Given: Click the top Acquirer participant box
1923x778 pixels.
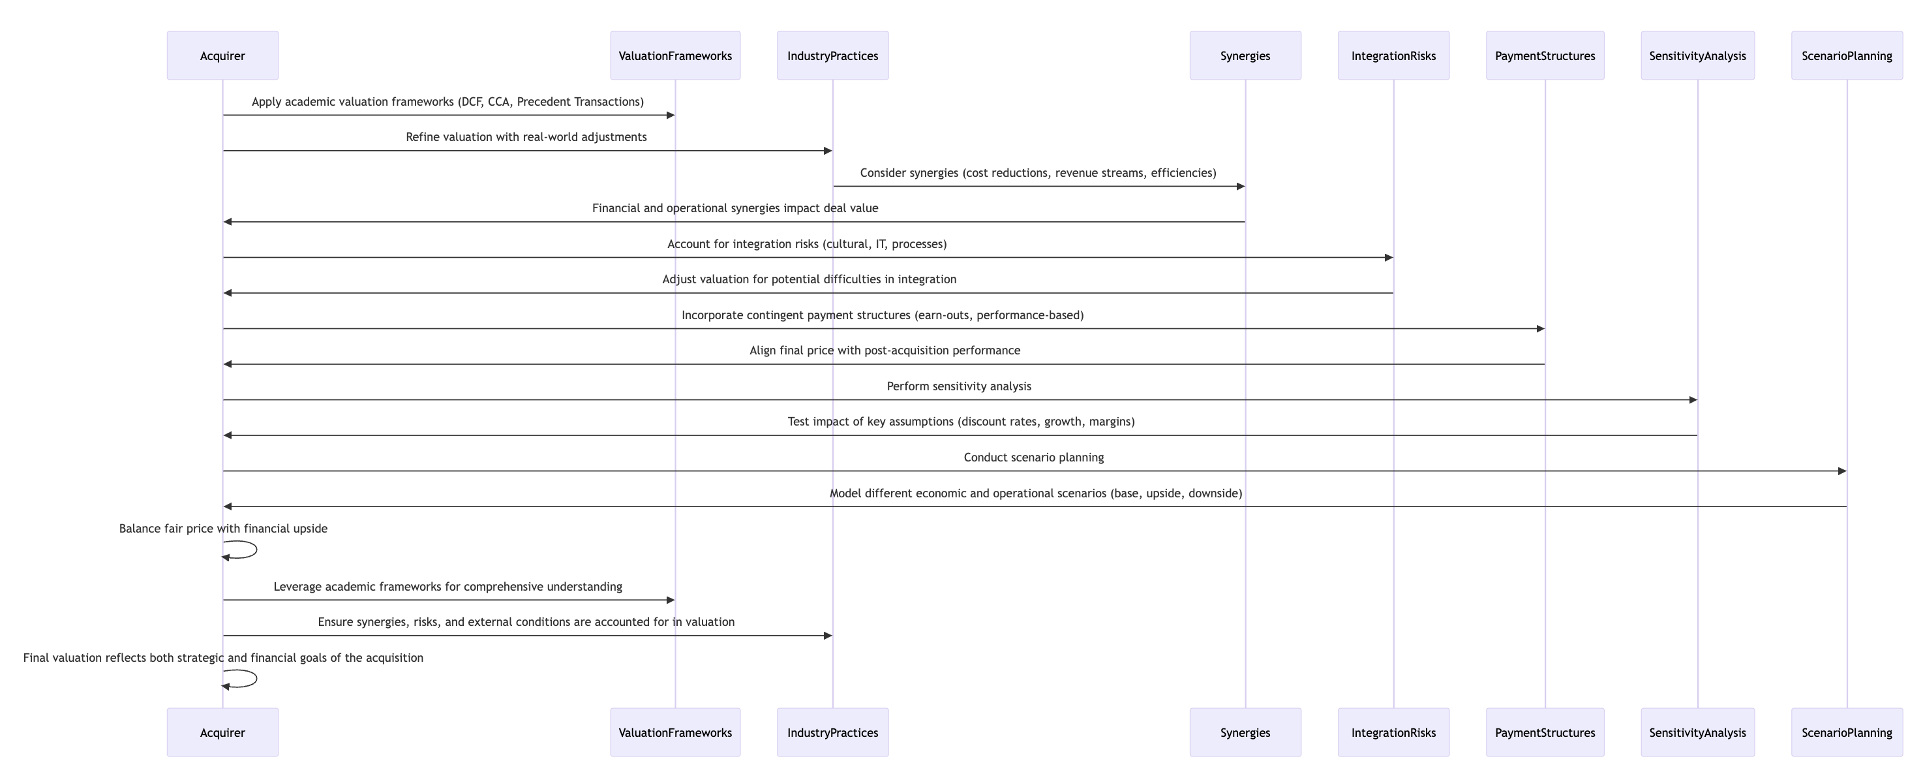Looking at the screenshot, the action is (222, 55).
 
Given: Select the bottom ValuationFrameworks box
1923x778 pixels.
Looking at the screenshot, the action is (675, 732).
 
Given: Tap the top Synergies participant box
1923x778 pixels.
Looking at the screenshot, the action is (1245, 55).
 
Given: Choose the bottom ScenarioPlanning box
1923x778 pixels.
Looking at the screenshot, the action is (1847, 732).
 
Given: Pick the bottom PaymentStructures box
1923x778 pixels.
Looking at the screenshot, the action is (1545, 732).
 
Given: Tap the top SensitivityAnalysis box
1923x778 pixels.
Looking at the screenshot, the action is (1697, 55).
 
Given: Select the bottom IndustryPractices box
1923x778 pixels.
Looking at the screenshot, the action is (832, 732).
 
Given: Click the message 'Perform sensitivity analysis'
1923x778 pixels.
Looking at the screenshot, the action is (960, 386).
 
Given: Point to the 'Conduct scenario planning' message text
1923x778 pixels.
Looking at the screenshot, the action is (1034, 457).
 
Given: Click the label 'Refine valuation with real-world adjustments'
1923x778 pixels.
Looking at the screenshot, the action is (526, 136).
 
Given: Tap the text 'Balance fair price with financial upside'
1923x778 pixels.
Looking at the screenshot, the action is (223, 529).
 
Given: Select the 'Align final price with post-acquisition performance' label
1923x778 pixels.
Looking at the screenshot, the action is (885, 350).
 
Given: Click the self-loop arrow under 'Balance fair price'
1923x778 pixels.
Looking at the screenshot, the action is (256, 550).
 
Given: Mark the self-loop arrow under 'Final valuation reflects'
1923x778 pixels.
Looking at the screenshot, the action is (256, 679).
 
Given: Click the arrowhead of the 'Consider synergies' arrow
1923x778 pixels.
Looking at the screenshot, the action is (1241, 187).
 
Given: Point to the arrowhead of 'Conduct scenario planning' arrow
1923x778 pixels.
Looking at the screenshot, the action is (1842, 471).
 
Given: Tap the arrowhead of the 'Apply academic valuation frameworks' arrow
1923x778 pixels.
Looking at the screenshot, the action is (671, 115).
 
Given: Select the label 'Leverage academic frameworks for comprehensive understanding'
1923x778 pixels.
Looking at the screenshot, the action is (448, 587).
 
